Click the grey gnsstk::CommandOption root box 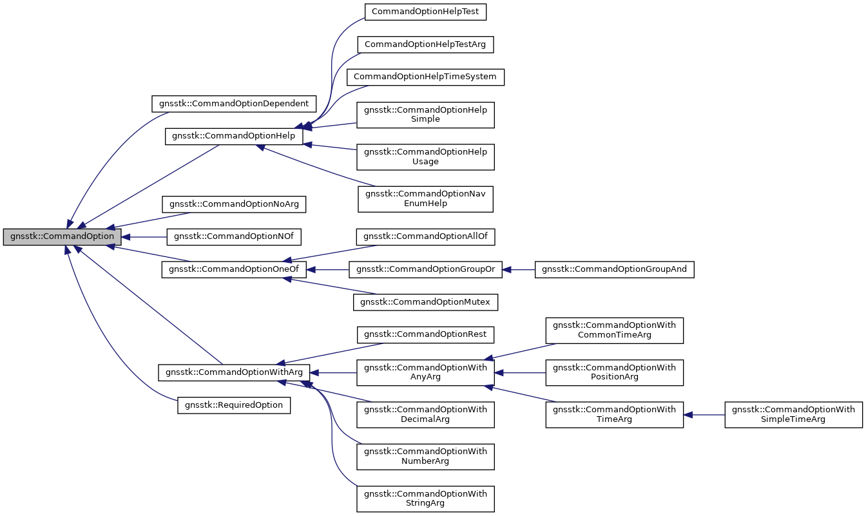click(x=62, y=236)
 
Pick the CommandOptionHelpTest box click(x=425, y=11)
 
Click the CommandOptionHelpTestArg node click(x=425, y=44)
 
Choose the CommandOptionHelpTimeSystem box click(x=425, y=77)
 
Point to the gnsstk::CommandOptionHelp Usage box click(x=425, y=157)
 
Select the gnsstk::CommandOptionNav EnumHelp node click(x=425, y=198)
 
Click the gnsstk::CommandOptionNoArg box click(x=234, y=204)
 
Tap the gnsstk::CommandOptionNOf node click(x=234, y=236)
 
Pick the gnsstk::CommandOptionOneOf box click(x=234, y=269)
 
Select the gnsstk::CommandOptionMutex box click(x=425, y=301)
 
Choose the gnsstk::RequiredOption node click(x=234, y=405)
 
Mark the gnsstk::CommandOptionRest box click(x=425, y=334)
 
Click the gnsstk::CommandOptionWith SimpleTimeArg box click(x=793, y=415)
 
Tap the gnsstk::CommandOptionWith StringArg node click(x=425, y=499)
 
